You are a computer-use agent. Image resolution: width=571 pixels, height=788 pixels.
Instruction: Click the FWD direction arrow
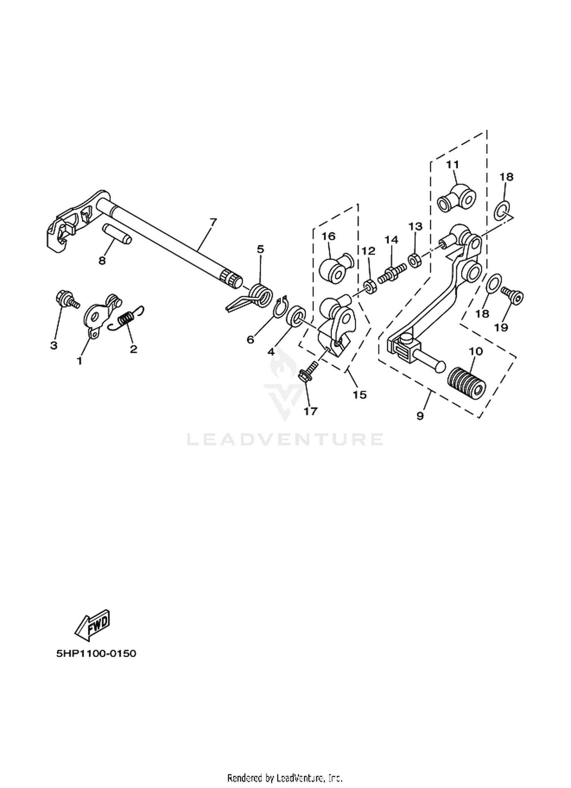pyautogui.click(x=93, y=624)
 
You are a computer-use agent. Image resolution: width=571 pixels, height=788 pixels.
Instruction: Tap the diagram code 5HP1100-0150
pyautogui.click(x=96, y=653)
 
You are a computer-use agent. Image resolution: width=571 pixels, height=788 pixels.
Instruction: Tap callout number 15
pyautogui.click(x=359, y=394)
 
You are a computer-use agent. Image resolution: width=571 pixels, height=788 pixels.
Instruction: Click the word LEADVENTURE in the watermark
pyautogui.click(x=285, y=439)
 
